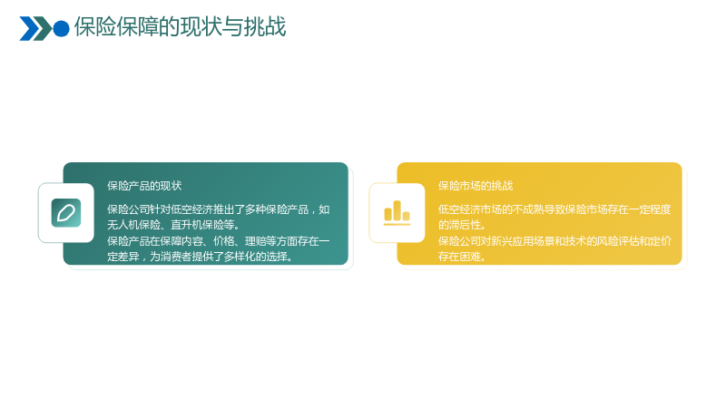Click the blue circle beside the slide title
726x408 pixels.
point(61,29)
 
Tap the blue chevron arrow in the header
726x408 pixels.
point(29,29)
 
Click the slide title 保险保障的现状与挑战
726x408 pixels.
point(180,27)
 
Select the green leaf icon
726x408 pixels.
point(66,213)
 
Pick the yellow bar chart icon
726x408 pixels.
point(397,213)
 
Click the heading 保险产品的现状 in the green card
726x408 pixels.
point(144,186)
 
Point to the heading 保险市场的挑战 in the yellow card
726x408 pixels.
point(476,186)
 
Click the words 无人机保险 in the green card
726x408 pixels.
point(133,225)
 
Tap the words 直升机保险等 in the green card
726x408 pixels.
point(202,225)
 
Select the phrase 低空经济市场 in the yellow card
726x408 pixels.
point(470,209)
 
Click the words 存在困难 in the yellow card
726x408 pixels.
point(459,257)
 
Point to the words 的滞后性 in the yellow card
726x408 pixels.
point(459,225)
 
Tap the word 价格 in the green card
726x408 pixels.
point(223,241)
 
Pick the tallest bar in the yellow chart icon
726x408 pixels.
point(397,210)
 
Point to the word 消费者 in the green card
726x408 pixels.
point(176,257)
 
